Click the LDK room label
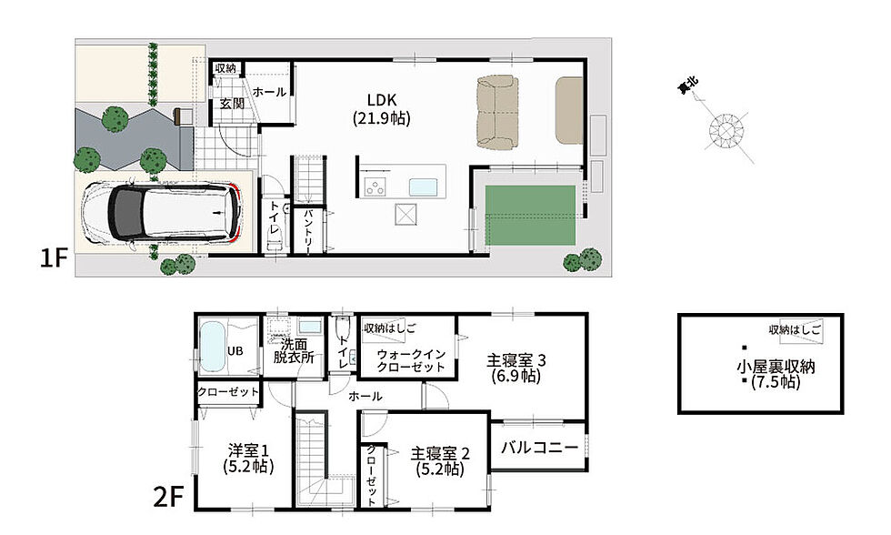[381, 109]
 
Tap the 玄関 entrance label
[232, 104]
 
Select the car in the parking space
[162, 211]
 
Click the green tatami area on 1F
[530, 216]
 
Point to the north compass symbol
[726, 130]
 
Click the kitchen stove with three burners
[375, 187]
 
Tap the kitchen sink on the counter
[424, 187]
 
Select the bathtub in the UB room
[213, 348]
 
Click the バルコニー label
[538, 447]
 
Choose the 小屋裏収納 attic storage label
[776, 366]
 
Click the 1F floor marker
[54, 259]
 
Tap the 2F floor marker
[169, 498]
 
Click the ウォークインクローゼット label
[411, 360]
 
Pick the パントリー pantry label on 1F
[308, 231]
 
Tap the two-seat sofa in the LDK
[497, 113]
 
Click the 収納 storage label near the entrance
[225, 68]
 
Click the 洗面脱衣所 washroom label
[293, 351]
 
